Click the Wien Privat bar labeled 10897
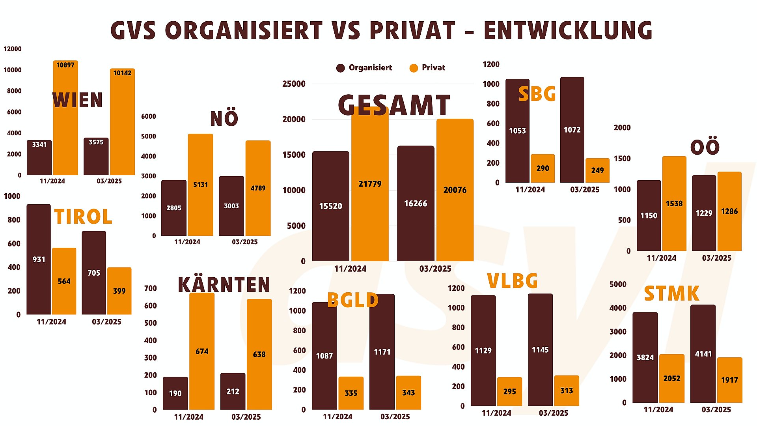pos(65,118)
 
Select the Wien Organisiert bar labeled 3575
pos(96,157)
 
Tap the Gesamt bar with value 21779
pos(370,185)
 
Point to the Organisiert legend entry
pos(364,68)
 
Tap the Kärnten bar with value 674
pos(202,351)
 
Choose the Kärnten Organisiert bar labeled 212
pos(233,391)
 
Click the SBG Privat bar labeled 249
pos(597,170)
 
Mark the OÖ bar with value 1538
pos(674,204)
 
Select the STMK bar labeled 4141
pos(703,354)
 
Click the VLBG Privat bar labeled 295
pos(509,391)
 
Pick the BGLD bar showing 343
pos(408,392)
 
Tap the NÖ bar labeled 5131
pos(200,185)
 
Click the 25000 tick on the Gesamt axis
pos(294,84)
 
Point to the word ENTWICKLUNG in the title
pos(568,31)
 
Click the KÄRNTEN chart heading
pos(224,285)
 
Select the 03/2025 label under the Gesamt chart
pos(435,269)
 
